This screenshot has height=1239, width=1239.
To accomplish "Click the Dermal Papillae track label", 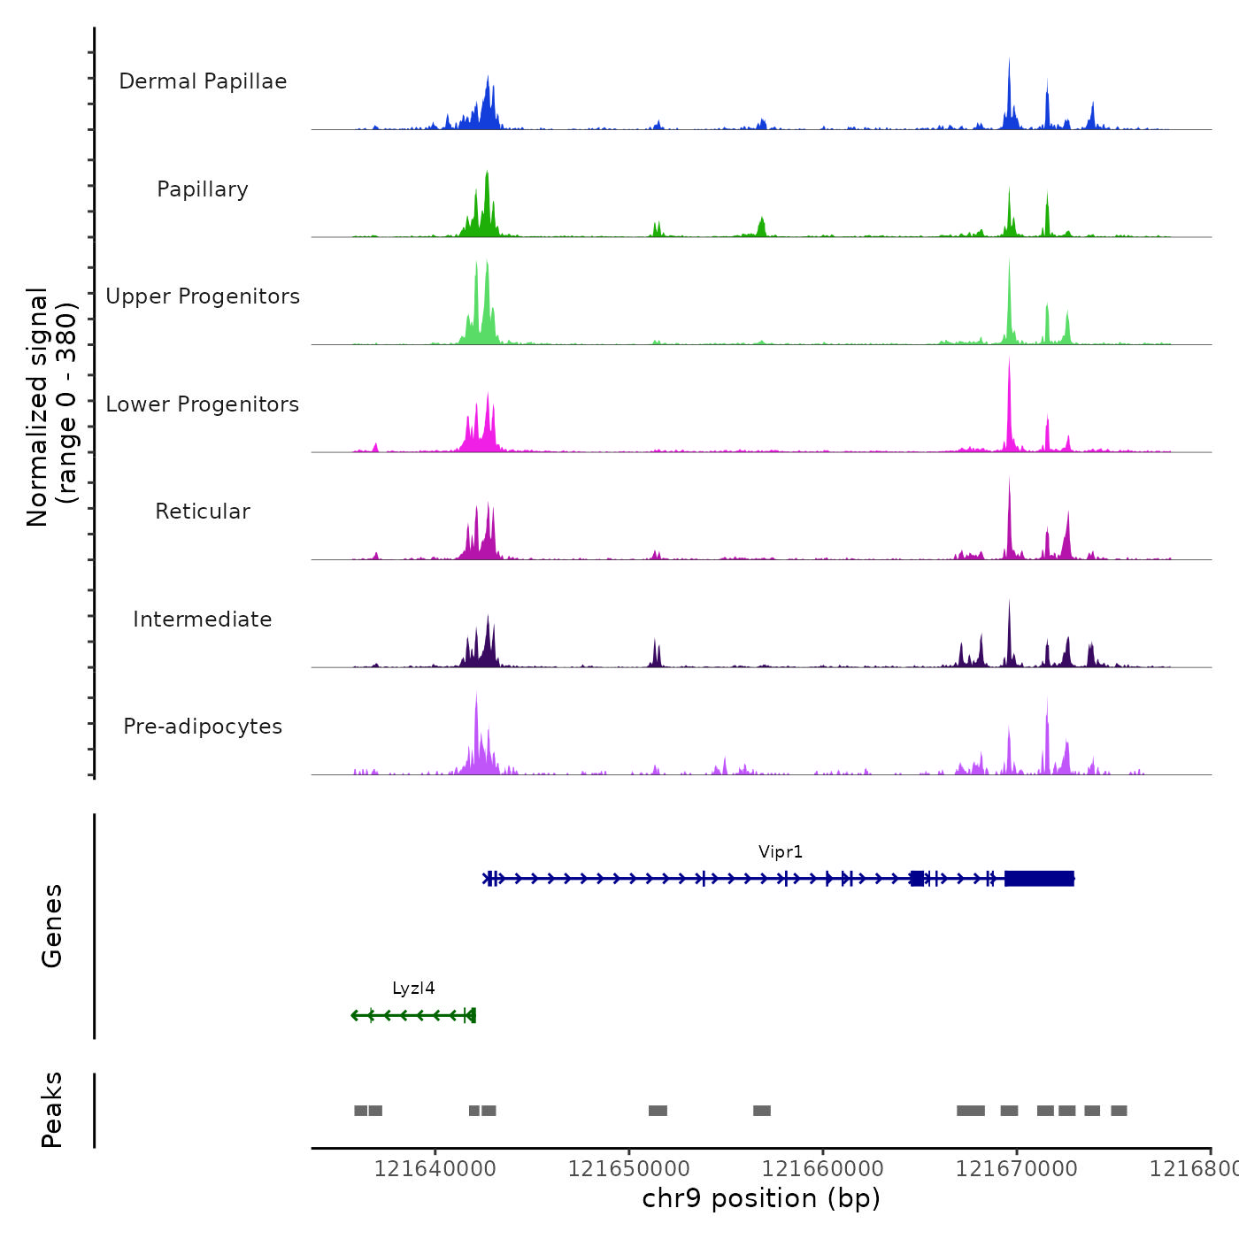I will coord(203,81).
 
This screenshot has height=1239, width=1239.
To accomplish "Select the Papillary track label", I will coord(203,189).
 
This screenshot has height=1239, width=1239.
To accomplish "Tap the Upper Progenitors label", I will coord(203,296).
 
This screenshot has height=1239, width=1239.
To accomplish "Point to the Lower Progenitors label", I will coord(203,404).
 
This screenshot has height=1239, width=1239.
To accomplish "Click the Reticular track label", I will coord(203,512).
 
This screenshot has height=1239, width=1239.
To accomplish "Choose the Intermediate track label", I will coord(203,619).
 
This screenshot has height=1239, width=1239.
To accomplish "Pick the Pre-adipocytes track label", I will coord(203,727).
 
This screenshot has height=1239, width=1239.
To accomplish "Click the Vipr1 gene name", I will coord(781,852).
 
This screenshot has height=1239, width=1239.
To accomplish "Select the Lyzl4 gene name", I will coord(413,989).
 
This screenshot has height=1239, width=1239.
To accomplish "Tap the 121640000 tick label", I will coord(435,1169).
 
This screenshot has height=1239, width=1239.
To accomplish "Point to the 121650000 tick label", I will coord(628,1169).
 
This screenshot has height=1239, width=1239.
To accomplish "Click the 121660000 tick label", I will coord(822,1169).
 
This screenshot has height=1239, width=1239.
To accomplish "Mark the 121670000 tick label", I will coord(1016,1169).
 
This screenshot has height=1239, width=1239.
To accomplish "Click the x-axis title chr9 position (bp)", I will coord(761,1198).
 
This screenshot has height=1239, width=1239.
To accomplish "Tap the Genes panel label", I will coord(52,926).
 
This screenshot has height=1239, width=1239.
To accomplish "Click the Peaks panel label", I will coord(52,1110).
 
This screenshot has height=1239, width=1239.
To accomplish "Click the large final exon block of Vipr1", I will coord(1039,878).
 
